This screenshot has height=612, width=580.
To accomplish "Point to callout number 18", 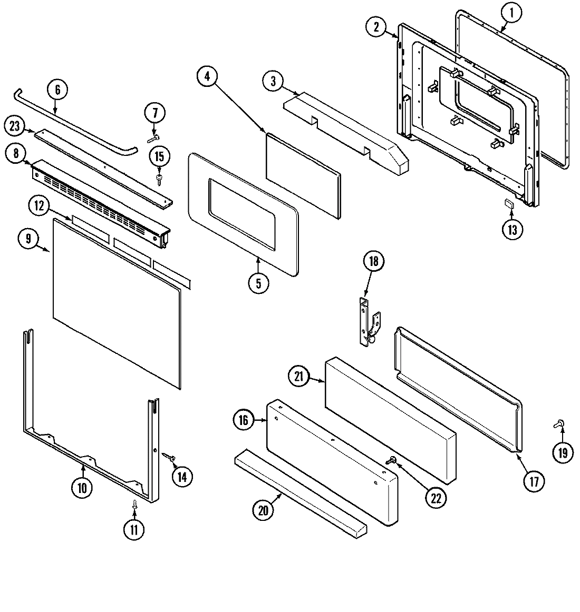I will [373, 262].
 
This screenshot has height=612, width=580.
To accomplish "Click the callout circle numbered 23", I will [15, 126].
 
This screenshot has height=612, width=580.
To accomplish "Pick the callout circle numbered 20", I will [264, 510].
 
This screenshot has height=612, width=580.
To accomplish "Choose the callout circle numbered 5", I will [258, 283].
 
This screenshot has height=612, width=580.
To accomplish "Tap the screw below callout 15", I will [159, 180].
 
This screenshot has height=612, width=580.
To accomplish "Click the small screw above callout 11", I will [134, 504].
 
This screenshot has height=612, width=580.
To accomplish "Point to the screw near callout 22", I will [392, 460].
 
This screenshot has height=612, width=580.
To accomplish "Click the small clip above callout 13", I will [510, 204].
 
